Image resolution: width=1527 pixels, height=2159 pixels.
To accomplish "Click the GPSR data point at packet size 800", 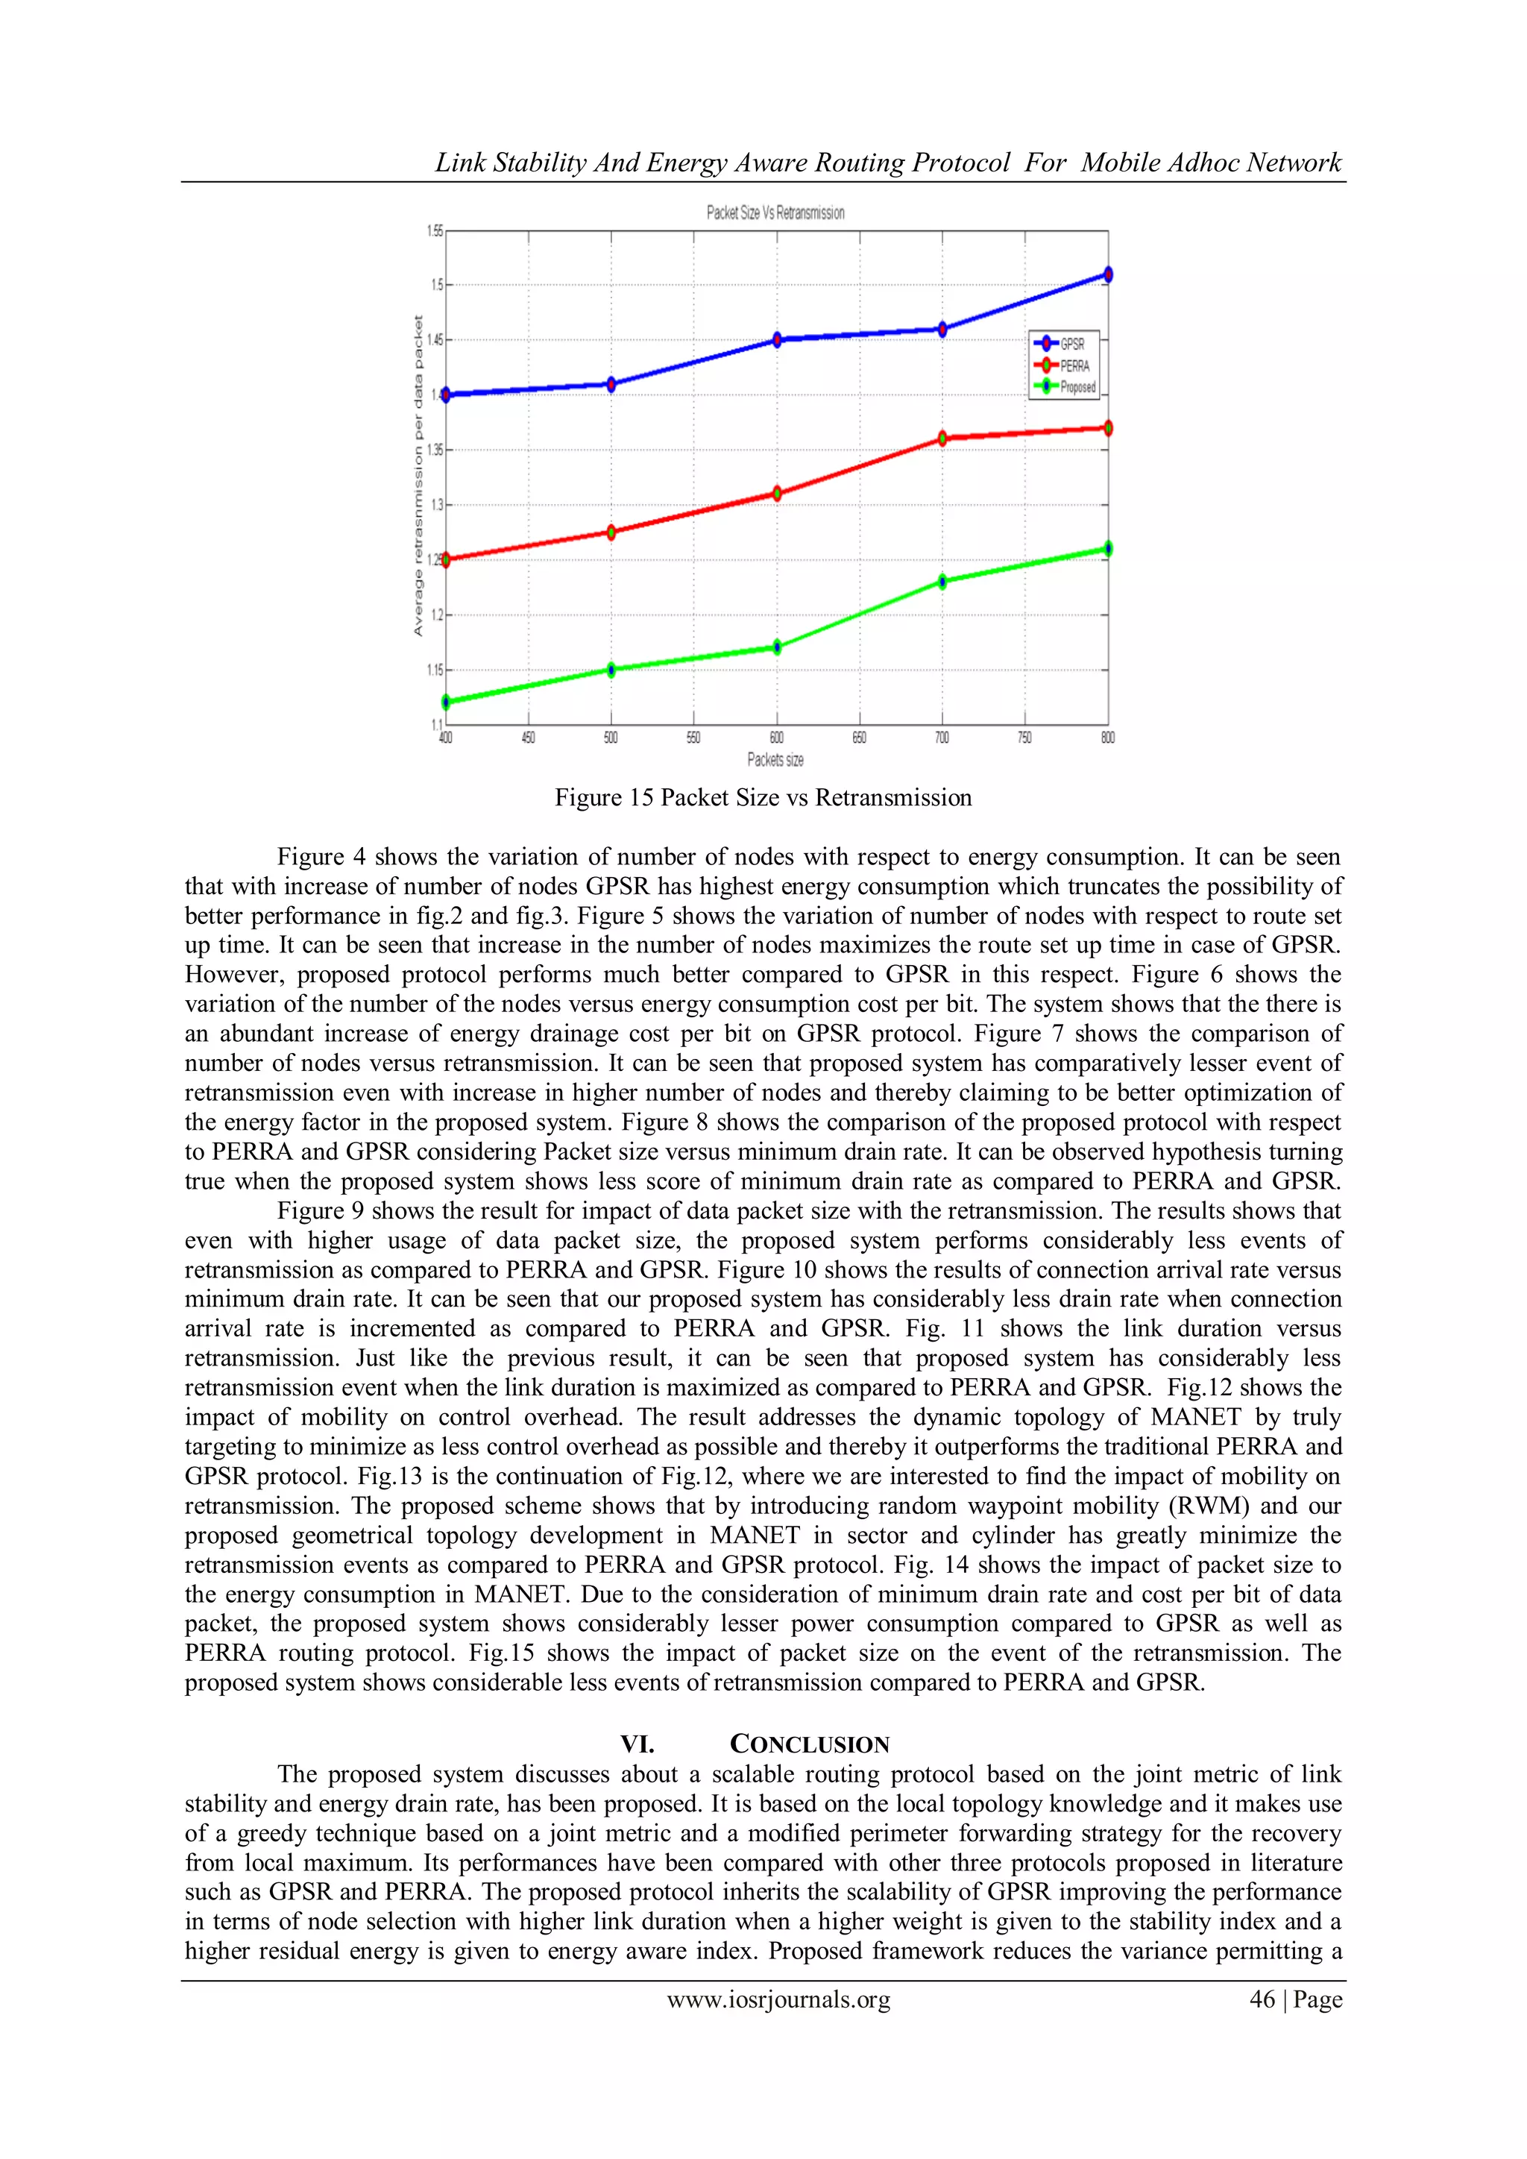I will pyautogui.click(x=1108, y=274).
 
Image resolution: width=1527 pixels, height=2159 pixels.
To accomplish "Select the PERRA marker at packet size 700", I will pyautogui.click(x=942, y=439).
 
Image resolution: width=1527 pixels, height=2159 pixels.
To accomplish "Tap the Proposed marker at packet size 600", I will pyautogui.click(x=777, y=647).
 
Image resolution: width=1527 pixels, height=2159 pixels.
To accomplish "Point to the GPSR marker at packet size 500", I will pyautogui.click(x=611, y=383).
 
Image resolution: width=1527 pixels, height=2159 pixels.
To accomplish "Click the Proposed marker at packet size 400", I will pyautogui.click(x=446, y=702).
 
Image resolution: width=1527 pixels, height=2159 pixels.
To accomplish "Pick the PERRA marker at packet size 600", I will pyautogui.click(x=777, y=493).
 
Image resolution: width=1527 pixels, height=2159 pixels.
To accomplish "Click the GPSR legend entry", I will pyautogui.click(x=1063, y=344).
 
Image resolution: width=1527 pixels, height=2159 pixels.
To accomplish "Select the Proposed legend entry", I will pyautogui.click(x=1066, y=386).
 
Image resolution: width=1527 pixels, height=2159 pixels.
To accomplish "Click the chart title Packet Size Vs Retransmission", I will pyautogui.click(x=775, y=213).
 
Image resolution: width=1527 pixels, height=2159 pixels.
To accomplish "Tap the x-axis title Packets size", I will pyautogui.click(x=775, y=759).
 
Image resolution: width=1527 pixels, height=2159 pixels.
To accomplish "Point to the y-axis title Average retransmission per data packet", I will pyautogui.click(x=418, y=476).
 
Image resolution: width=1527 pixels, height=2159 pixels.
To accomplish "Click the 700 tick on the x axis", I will pyautogui.click(x=942, y=738).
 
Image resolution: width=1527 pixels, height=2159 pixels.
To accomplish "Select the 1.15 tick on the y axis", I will pyautogui.click(x=435, y=670).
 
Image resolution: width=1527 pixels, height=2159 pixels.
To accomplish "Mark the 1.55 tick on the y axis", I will pyautogui.click(x=435, y=230).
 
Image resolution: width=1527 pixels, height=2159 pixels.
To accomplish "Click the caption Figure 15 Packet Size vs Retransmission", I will pyautogui.click(x=763, y=797).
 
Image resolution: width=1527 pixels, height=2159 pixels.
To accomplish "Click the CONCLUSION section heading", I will pyautogui.click(x=809, y=1744).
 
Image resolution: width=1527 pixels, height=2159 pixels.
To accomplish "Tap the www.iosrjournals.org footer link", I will pyautogui.click(x=778, y=2000).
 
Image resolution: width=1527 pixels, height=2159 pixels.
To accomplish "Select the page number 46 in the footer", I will pyautogui.click(x=1261, y=2000).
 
